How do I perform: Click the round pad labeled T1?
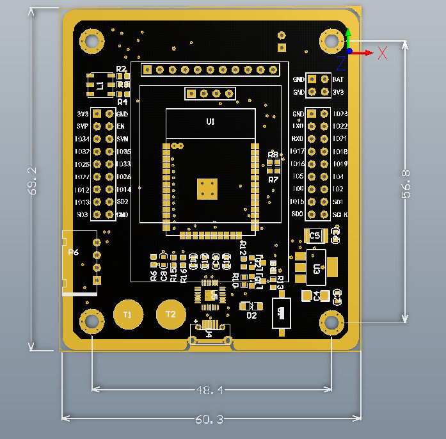(x=127, y=314)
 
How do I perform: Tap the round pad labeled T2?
(x=170, y=314)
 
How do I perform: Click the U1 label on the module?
(x=211, y=122)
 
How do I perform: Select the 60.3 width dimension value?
(x=209, y=419)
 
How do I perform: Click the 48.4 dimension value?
(x=209, y=389)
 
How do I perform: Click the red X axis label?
(x=383, y=52)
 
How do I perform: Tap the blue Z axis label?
(x=340, y=63)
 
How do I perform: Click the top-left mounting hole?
(x=92, y=40)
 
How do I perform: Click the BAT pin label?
(x=338, y=79)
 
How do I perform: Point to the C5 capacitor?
(x=315, y=235)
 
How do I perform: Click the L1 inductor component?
(x=100, y=84)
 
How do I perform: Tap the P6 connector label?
(x=74, y=252)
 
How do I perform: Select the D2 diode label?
(x=251, y=315)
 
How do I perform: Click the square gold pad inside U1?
(x=207, y=188)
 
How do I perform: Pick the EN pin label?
(x=121, y=126)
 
